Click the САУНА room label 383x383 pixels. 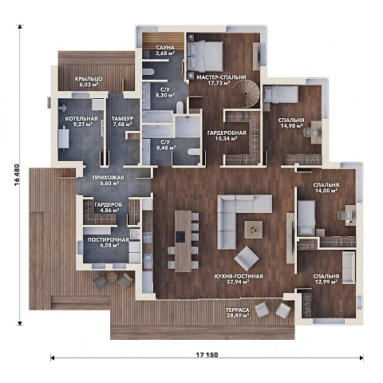click(x=165, y=48)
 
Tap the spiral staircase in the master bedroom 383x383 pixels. click(x=246, y=93)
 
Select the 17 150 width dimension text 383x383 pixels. click(x=207, y=355)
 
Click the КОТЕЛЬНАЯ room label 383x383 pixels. click(x=81, y=119)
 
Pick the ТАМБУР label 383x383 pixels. click(x=122, y=119)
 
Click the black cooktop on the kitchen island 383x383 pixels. click(x=180, y=237)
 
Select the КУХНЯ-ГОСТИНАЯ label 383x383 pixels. click(x=239, y=276)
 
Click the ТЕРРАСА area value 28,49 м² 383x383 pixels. click(x=238, y=315)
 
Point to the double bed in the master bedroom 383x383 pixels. click(x=205, y=56)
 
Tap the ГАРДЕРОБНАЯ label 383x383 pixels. click(x=227, y=132)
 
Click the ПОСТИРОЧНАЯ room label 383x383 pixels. click(x=108, y=240)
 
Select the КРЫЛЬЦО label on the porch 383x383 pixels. click(x=89, y=79)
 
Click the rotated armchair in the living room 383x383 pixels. click(x=247, y=259)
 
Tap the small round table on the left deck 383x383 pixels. click(x=112, y=277)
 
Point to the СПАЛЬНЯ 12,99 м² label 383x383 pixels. click(x=326, y=279)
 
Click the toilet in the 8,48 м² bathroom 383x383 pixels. click(x=194, y=152)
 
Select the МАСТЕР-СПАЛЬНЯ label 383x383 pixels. click(x=221, y=77)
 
